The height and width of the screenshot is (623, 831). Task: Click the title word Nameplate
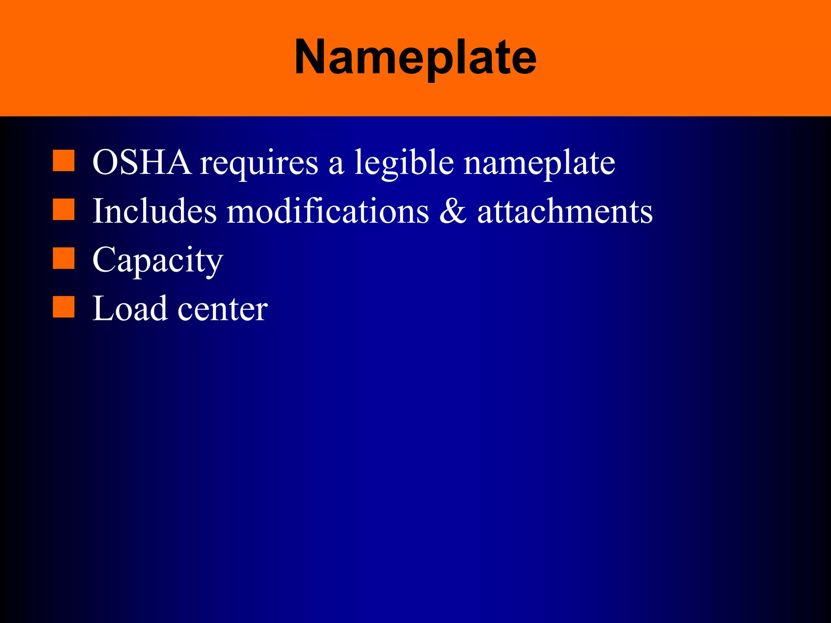(x=415, y=58)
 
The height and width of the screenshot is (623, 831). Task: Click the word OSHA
(x=142, y=162)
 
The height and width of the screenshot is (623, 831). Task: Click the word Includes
(x=155, y=211)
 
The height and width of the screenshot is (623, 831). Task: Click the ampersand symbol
(x=453, y=211)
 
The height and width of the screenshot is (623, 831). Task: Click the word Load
(x=129, y=309)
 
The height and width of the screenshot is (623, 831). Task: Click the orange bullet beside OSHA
(x=64, y=161)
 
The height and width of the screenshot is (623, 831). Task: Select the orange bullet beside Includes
(x=64, y=209)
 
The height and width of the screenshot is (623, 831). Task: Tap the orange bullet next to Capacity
(x=64, y=258)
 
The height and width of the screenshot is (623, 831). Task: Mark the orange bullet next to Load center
(x=64, y=307)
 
